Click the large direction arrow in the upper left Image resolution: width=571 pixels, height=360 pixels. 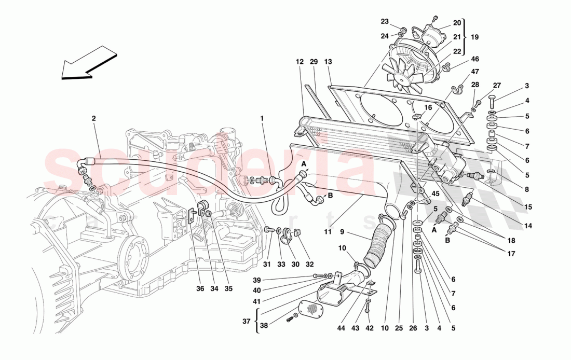(x=89, y=63)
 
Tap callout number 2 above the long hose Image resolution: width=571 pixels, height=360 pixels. (x=94, y=118)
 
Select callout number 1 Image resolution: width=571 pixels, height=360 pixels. (x=262, y=118)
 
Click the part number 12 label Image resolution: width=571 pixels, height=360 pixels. (x=300, y=62)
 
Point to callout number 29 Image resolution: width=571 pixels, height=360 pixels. (x=314, y=62)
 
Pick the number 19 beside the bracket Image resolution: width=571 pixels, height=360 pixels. (x=474, y=37)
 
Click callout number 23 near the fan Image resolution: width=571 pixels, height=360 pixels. (x=385, y=22)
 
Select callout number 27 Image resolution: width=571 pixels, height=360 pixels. (x=497, y=86)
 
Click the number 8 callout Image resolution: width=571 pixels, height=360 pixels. (x=527, y=190)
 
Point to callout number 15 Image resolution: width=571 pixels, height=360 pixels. (x=528, y=207)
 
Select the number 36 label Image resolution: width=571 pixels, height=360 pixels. (x=200, y=289)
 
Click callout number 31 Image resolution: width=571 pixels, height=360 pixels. (x=267, y=264)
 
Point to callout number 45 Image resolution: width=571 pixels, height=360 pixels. (x=435, y=193)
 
